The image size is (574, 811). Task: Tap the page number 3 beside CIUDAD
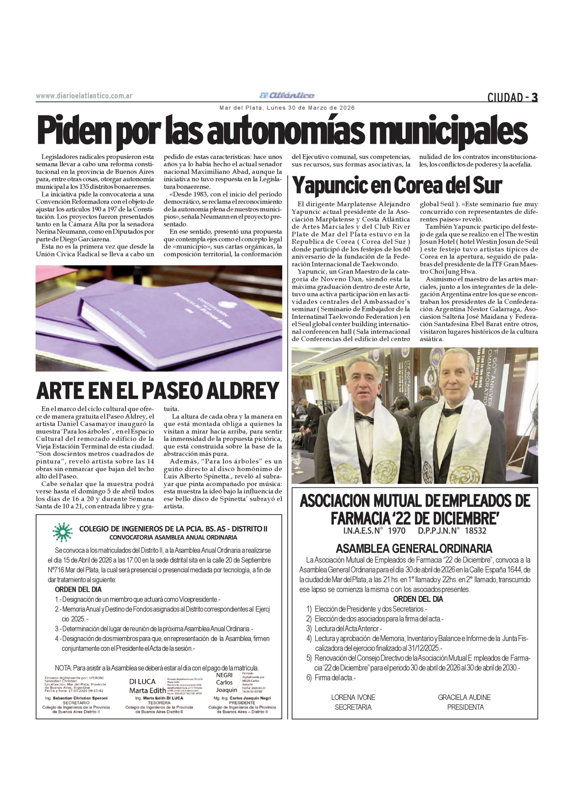534,97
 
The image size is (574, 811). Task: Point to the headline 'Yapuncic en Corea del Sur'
397,185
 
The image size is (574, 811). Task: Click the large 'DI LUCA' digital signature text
142,682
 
